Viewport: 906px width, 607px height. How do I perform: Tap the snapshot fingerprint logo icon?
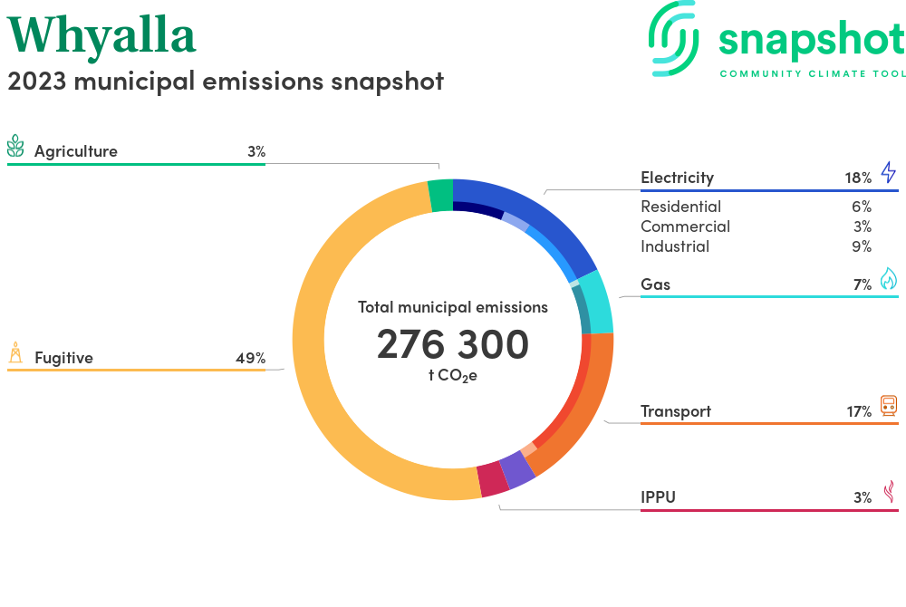point(674,37)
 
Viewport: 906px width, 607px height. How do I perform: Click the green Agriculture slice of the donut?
point(440,195)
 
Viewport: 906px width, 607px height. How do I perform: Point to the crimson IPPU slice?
point(492,479)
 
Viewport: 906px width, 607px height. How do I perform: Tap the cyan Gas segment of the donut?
point(596,302)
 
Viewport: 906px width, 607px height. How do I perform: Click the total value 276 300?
point(452,344)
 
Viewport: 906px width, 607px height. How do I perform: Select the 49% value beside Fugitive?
point(250,358)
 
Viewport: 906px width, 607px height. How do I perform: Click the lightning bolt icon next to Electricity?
point(888,172)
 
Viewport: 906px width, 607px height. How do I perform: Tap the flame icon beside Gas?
point(888,279)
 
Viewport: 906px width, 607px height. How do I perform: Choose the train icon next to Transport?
point(888,406)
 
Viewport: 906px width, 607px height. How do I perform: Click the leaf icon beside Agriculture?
point(15,147)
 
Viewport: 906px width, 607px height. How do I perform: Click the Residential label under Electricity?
point(680,207)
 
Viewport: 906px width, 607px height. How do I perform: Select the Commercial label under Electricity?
point(685,226)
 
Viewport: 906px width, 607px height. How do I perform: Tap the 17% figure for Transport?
point(859,411)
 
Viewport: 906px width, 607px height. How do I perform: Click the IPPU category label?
point(658,496)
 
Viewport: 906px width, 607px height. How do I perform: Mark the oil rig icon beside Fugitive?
point(15,352)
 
